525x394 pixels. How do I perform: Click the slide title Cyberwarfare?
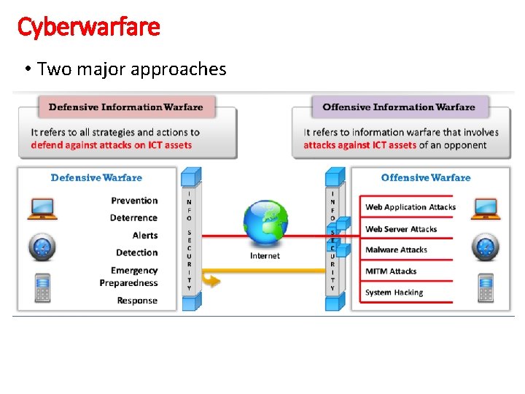coord(88,28)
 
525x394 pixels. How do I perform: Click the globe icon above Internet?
coord(265,223)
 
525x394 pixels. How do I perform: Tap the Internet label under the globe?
coord(265,255)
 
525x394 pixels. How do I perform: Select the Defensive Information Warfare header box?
coord(126,107)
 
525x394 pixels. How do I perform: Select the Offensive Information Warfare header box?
coord(399,107)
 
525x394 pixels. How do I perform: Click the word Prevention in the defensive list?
coord(134,200)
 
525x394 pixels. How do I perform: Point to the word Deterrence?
coord(133,217)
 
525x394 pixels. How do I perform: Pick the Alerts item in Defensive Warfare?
coord(145,235)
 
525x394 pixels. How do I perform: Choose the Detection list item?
coord(136,252)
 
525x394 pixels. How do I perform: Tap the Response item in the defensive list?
coord(137,301)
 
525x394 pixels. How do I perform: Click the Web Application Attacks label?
coord(411,207)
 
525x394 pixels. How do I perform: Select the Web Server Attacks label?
coord(401,229)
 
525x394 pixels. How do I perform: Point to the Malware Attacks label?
coord(396,250)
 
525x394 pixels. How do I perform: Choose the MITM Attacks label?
coord(391,271)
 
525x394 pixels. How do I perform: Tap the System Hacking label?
coord(394,293)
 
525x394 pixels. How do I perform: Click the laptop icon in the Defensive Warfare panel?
coord(42,209)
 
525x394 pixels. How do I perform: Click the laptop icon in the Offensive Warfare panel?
coord(485,209)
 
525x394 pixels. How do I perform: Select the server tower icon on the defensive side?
coord(43,287)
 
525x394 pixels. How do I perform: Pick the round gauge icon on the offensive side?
coord(485,247)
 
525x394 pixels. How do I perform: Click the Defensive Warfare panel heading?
coord(96,177)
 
